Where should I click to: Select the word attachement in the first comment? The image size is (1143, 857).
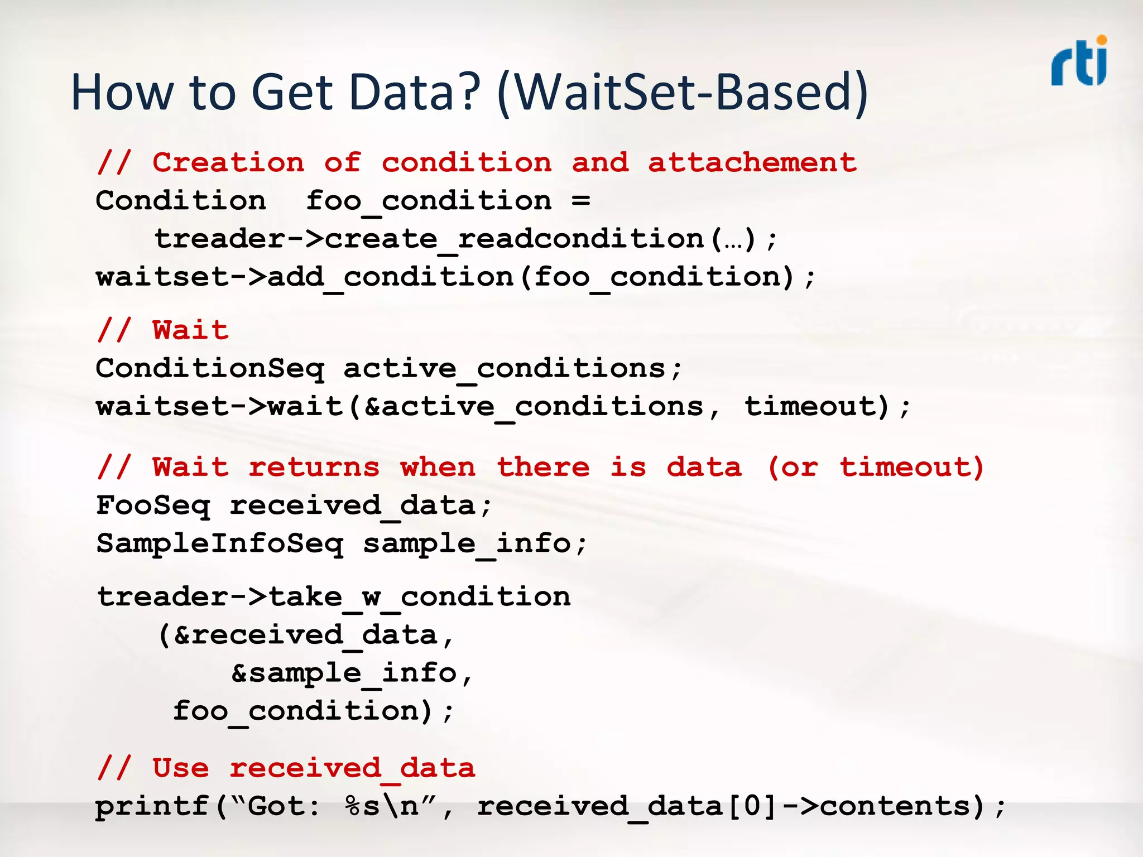click(x=752, y=163)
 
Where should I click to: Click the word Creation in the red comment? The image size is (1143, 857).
click(x=228, y=163)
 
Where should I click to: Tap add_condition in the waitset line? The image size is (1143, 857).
click(x=390, y=277)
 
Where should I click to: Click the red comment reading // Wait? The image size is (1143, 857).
click(x=162, y=330)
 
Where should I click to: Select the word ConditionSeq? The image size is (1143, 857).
click(x=209, y=369)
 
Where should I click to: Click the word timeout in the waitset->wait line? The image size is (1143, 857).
click(x=815, y=406)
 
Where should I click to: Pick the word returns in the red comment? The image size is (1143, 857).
click(x=314, y=467)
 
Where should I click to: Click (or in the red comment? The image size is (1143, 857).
click(x=793, y=467)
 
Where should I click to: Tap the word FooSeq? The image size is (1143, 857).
click(x=153, y=505)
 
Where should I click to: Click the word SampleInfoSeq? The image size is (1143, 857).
click(x=220, y=543)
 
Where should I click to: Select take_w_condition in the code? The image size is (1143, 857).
click(x=419, y=597)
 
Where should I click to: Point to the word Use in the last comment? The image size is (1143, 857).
click(x=181, y=768)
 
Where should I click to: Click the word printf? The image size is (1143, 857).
click(x=152, y=807)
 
